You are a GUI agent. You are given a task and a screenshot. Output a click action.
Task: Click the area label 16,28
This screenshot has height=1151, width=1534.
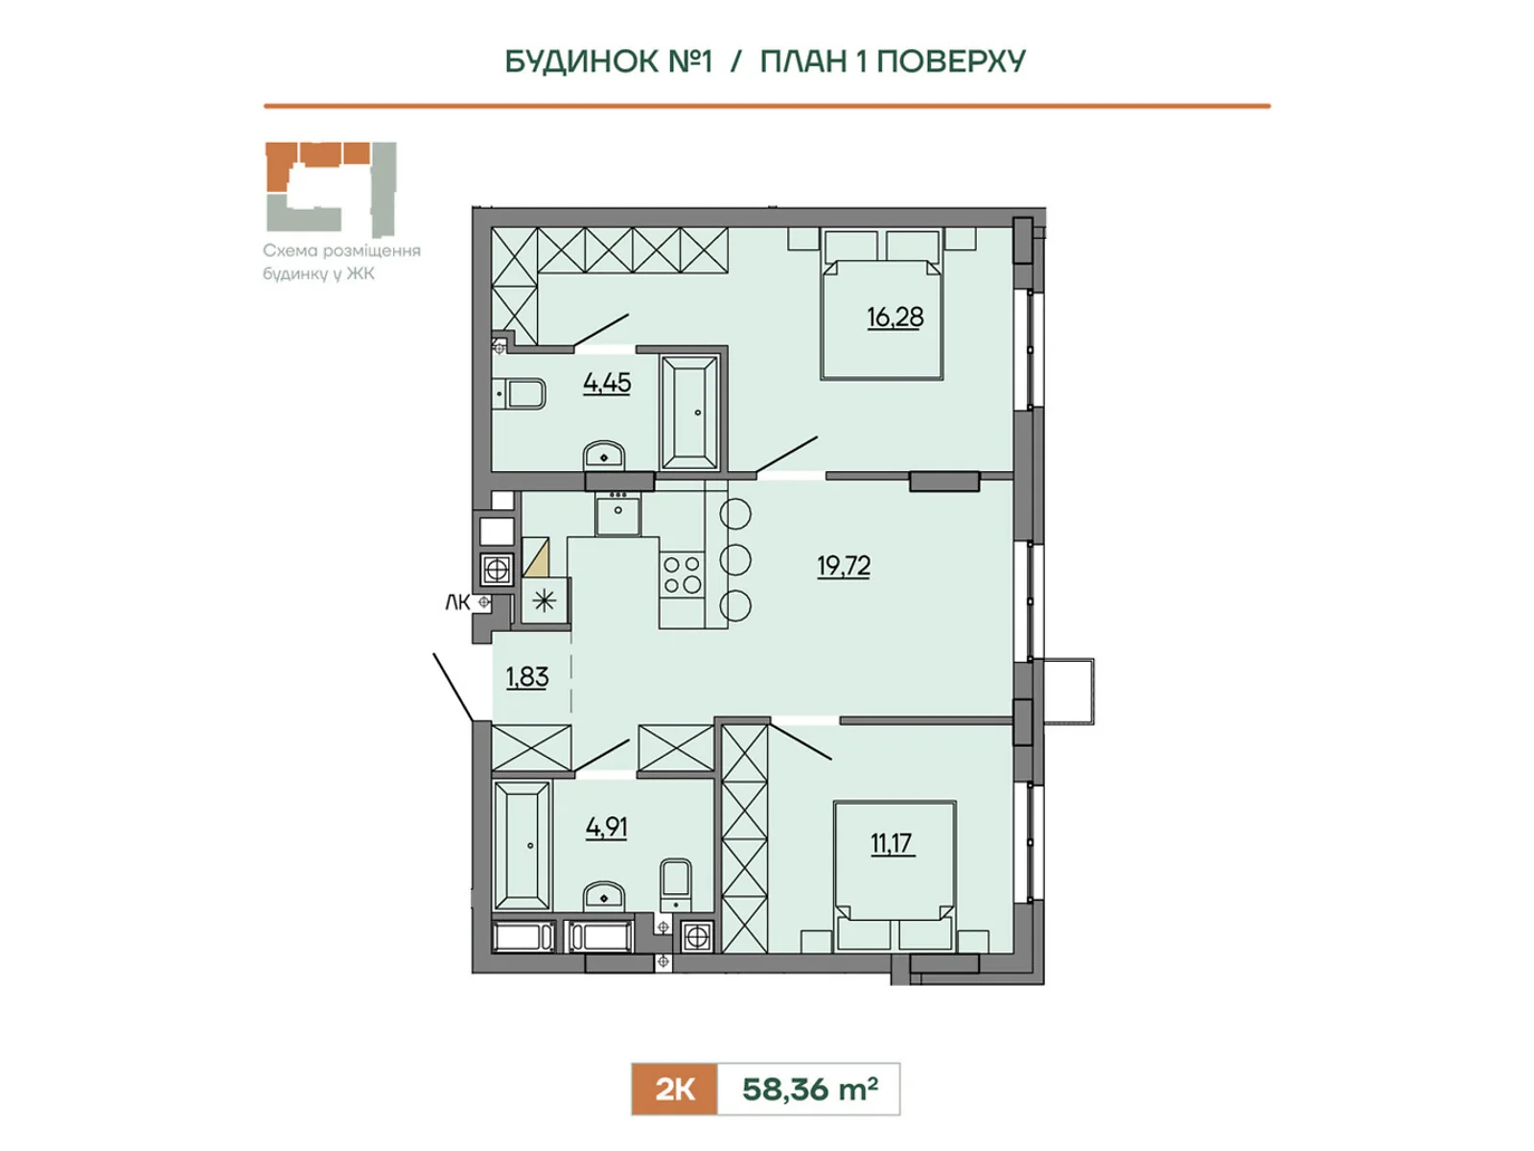tap(895, 317)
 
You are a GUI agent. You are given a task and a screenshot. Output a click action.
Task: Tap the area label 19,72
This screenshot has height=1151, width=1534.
tap(844, 565)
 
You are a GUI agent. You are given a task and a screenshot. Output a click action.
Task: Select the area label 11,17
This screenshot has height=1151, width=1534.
tap(892, 843)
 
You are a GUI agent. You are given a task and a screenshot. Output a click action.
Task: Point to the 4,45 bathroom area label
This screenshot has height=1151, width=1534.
tap(607, 383)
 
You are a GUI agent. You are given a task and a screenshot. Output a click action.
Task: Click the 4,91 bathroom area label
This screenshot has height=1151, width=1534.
tap(607, 828)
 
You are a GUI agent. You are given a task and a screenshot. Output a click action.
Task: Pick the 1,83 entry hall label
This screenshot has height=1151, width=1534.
tap(527, 676)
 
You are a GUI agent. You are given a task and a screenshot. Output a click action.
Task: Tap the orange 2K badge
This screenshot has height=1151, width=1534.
tap(674, 1089)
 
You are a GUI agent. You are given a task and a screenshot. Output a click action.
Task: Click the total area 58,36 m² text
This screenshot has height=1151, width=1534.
tap(809, 1089)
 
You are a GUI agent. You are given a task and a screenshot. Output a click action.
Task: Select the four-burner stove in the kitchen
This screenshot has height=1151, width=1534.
tap(682, 574)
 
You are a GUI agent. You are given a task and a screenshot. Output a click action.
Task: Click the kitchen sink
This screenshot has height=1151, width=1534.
tap(617, 512)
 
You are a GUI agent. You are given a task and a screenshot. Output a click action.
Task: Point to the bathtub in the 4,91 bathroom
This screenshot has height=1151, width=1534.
tap(523, 846)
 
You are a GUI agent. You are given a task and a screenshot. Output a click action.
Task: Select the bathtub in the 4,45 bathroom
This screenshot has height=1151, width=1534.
tap(689, 412)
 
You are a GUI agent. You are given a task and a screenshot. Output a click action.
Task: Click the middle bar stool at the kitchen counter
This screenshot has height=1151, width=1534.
tap(735, 559)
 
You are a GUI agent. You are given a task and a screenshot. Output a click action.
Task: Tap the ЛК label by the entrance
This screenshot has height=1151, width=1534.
tap(457, 602)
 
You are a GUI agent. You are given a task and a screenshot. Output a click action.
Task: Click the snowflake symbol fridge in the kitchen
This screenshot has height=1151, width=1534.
tap(544, 600)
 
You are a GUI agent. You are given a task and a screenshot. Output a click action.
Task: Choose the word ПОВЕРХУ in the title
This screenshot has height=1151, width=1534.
tap(951, 61)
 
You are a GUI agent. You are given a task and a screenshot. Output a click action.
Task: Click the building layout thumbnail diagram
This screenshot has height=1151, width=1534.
tap(332, 189)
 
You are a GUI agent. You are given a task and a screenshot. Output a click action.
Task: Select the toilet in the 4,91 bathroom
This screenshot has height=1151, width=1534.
tap(675, 885)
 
